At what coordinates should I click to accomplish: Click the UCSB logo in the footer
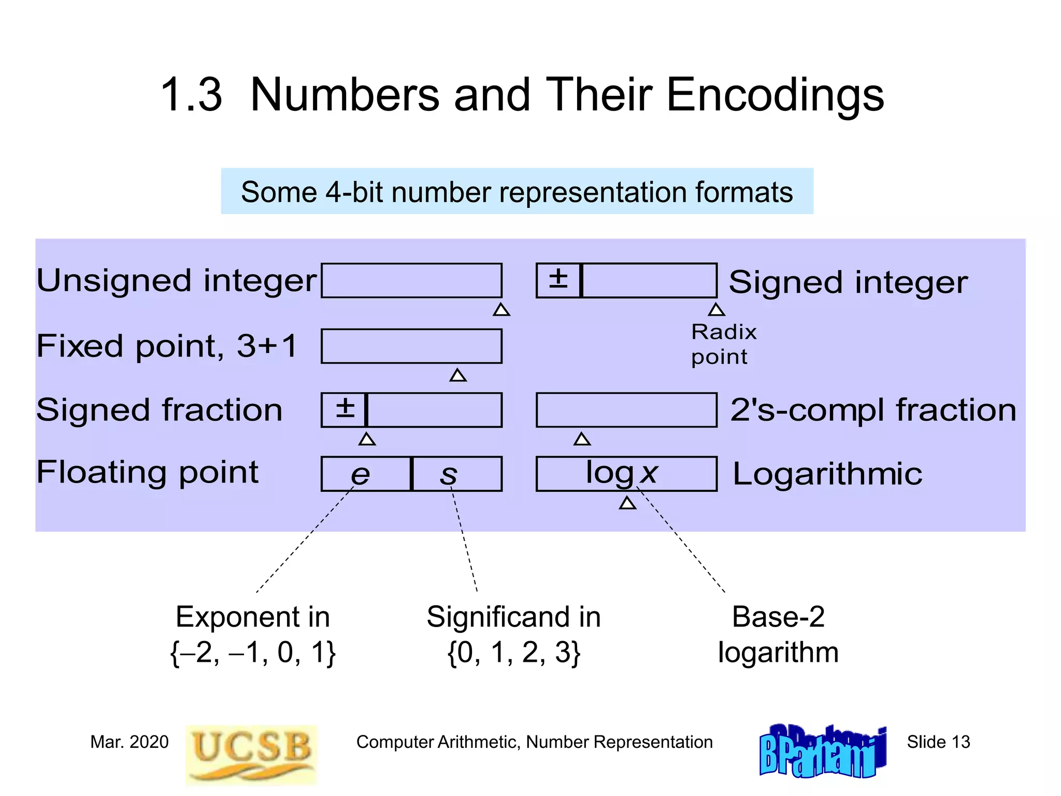[x=251, y=754]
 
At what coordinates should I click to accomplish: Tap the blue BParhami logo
[x=822, y=751]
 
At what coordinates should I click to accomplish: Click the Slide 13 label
[x=938, y=742]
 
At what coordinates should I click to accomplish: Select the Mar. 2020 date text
[x=129, y=742]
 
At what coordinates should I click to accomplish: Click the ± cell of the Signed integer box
[x=558, y=280]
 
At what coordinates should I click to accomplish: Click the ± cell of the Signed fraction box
[x=344, y=409]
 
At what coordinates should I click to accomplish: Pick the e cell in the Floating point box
[x=365, y=474]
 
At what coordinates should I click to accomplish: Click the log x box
[x=626, y=474]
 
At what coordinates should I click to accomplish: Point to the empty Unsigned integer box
[x=411, y=280]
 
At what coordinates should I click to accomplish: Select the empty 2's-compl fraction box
[x=626, y=409]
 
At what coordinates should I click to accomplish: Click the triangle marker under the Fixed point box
[x=458, y=375]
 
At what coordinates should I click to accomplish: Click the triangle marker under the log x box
[x=627, y=503]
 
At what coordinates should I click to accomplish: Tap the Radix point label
[x=724, y=344]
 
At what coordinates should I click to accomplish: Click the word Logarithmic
[x=827, y=474]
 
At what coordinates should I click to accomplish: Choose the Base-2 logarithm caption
[x=778, y=634]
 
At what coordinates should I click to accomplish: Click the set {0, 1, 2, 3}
[x=513, y=652]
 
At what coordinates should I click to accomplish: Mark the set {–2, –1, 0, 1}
[x=253, y=652]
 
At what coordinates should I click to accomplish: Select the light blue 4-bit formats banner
[x=517, y=191]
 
